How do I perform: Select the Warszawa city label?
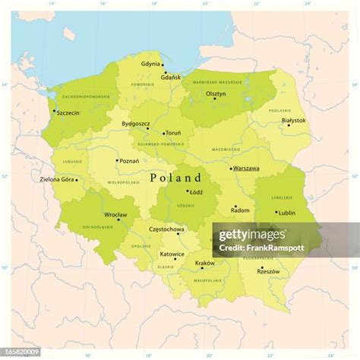(x=246, y=169)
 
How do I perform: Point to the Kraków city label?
(x=205, y=263)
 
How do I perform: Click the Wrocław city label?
(x=116, y=215)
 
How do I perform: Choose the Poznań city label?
(x=130, y=161)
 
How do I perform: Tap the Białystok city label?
(x=293, y=120)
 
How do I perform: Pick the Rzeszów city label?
(x=269, y=272)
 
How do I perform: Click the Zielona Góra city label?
(x=57, y=179)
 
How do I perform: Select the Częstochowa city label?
(x=166, y=229)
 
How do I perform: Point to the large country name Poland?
(x=175, y=178)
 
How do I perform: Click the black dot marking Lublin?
(x=276, y=213)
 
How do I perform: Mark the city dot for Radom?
(x=235, y=206)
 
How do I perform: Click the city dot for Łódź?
(x=188, y=191)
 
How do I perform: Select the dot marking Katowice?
(x=175, y=259)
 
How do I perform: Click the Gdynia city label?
(x=151, y=64)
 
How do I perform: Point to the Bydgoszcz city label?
(x=136, y=124)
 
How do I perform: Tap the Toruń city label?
(x=173, y=133)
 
